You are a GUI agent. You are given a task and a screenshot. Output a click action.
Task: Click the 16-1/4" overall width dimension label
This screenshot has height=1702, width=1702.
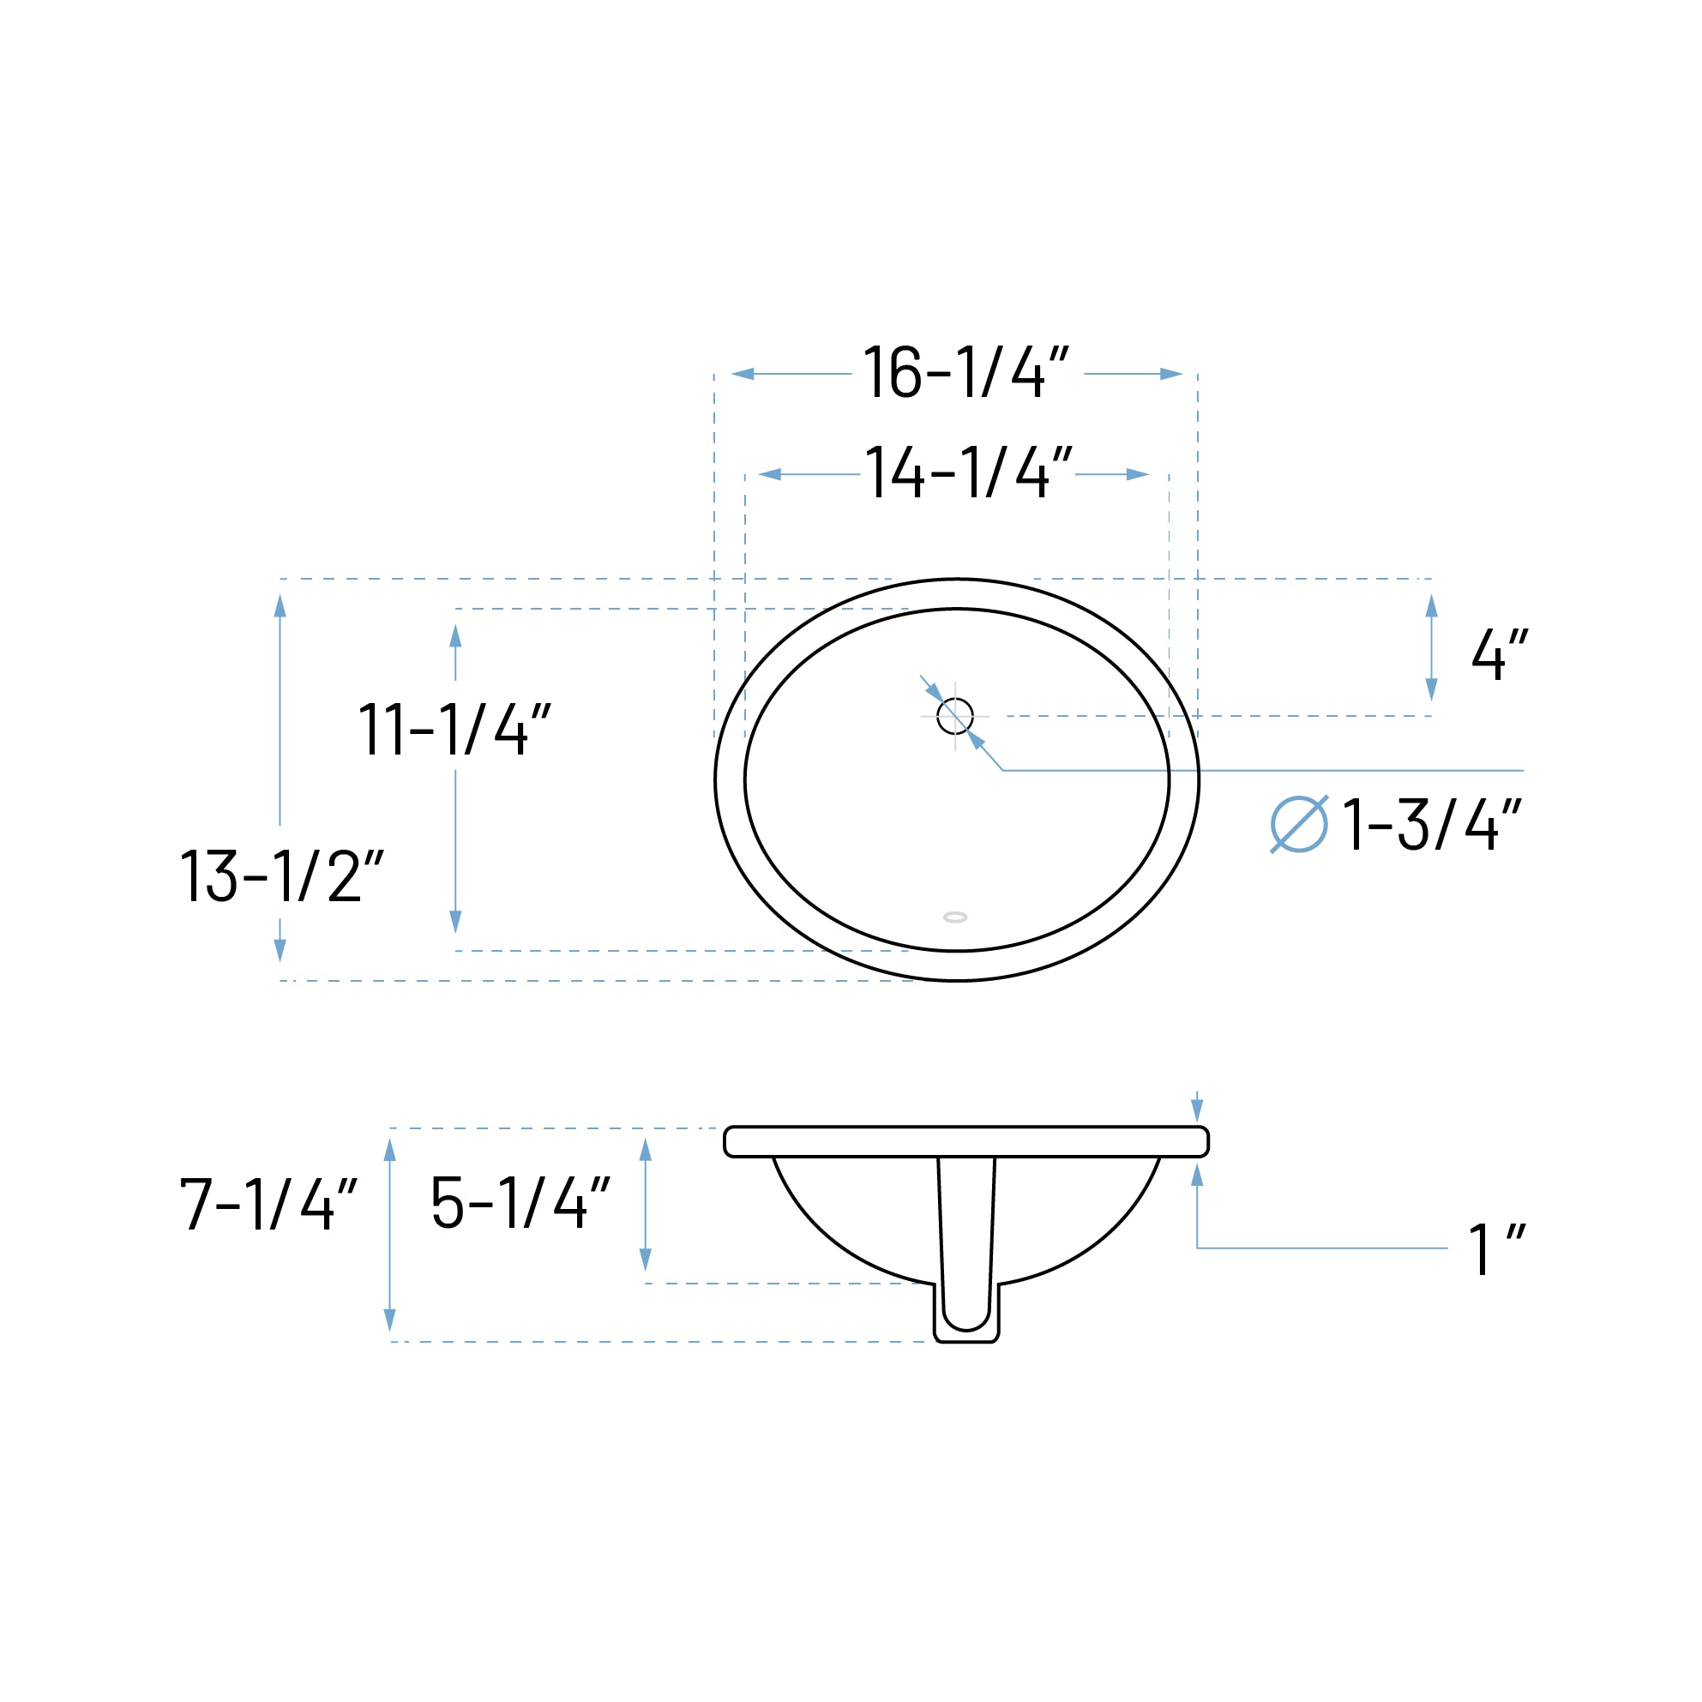pos(965,373)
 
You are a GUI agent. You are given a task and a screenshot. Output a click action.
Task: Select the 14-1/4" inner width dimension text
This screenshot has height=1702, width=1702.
pos(968,473)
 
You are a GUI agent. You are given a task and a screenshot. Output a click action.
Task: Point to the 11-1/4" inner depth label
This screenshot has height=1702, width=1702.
pos(454,730)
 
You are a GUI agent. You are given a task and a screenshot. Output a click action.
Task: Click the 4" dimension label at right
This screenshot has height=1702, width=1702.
pos(1500,653)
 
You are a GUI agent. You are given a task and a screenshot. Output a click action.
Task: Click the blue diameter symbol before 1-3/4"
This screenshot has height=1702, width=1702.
pos(1298,825)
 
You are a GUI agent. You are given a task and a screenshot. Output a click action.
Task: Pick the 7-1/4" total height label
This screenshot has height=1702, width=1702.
pos(268,1205)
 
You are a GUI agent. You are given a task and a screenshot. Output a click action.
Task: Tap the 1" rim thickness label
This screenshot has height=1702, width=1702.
pos(1496,1248)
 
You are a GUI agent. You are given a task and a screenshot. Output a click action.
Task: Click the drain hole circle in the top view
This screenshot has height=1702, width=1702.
pos(955,716)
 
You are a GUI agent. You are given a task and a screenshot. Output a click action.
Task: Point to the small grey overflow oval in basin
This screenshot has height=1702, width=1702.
pos(955,917)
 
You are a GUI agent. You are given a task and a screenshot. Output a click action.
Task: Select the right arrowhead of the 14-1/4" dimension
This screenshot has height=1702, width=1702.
pos(1137,475)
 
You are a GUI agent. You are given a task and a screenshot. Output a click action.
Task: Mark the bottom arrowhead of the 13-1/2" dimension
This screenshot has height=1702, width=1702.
pos(280,951)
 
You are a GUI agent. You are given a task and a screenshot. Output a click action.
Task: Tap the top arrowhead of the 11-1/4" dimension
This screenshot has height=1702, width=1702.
pos(455,636)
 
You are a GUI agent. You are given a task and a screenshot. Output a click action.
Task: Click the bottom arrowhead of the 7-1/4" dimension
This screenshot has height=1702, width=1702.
pos(390,1320)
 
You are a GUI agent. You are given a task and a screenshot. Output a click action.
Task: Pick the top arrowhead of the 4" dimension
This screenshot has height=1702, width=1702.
pos(1432,606)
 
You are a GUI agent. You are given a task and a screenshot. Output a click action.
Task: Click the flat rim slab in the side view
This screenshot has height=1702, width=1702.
pos(965,1142)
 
